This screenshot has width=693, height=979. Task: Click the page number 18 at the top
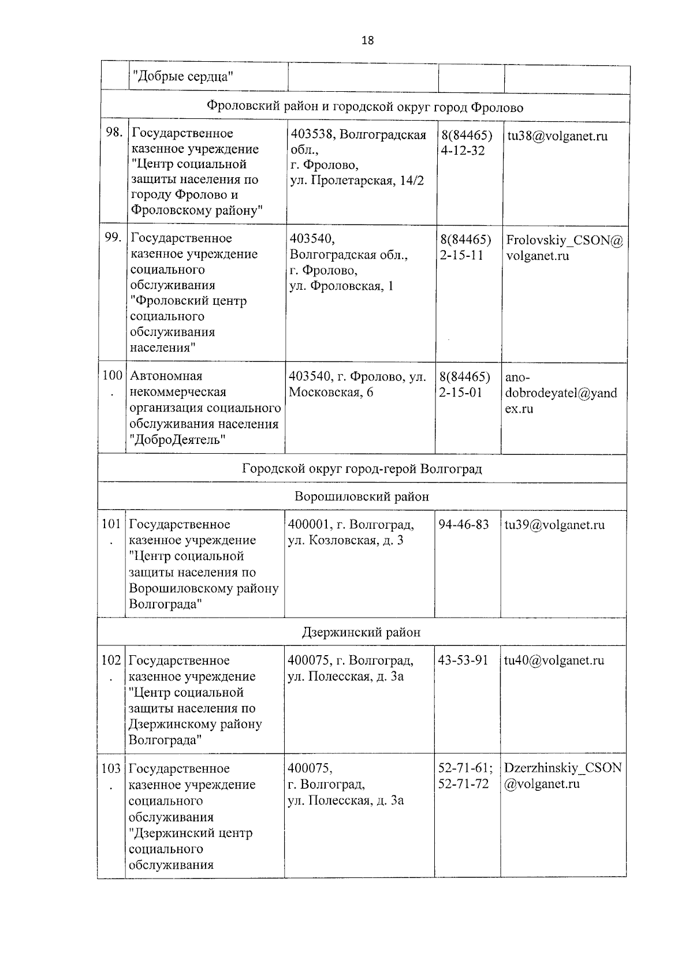(367, 40)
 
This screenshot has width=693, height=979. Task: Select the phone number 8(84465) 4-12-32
(466, 143)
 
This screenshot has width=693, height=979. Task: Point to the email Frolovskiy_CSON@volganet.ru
(564, 248)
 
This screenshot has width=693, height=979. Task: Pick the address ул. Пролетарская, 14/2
(356, 181)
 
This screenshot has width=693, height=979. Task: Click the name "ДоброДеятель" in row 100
(178, 440)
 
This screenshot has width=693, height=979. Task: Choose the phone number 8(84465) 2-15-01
(464, 385)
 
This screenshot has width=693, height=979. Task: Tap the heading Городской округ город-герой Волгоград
(362, 469)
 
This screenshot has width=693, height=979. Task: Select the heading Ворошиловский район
(362, 496)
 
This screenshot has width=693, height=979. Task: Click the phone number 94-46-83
(464, 524)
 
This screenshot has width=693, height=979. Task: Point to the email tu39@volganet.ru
(554, 525)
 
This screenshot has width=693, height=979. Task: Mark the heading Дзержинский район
(362, 632)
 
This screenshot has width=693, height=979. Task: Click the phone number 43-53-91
(463, 660)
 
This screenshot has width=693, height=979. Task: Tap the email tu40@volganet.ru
(554, 660)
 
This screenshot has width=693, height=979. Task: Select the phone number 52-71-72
(464, 784)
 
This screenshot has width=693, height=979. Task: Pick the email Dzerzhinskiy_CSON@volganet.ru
(562, 776)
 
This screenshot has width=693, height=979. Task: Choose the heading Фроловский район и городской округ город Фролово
(365, 107)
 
